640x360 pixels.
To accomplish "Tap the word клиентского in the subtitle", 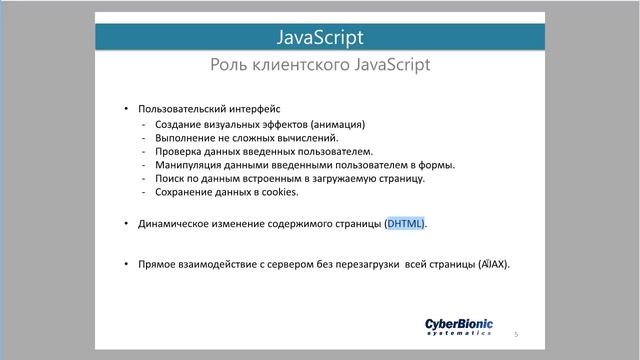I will click(x=301, y=66).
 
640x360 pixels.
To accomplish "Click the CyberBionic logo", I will click(x=459, y=327).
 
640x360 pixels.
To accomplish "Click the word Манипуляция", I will click(x=190, y=164).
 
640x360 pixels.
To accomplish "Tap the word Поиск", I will click(x=170, y=177).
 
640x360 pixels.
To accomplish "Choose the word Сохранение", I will click(x=183, y=190).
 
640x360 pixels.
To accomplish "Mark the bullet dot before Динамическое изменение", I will click(x=126, y=224).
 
